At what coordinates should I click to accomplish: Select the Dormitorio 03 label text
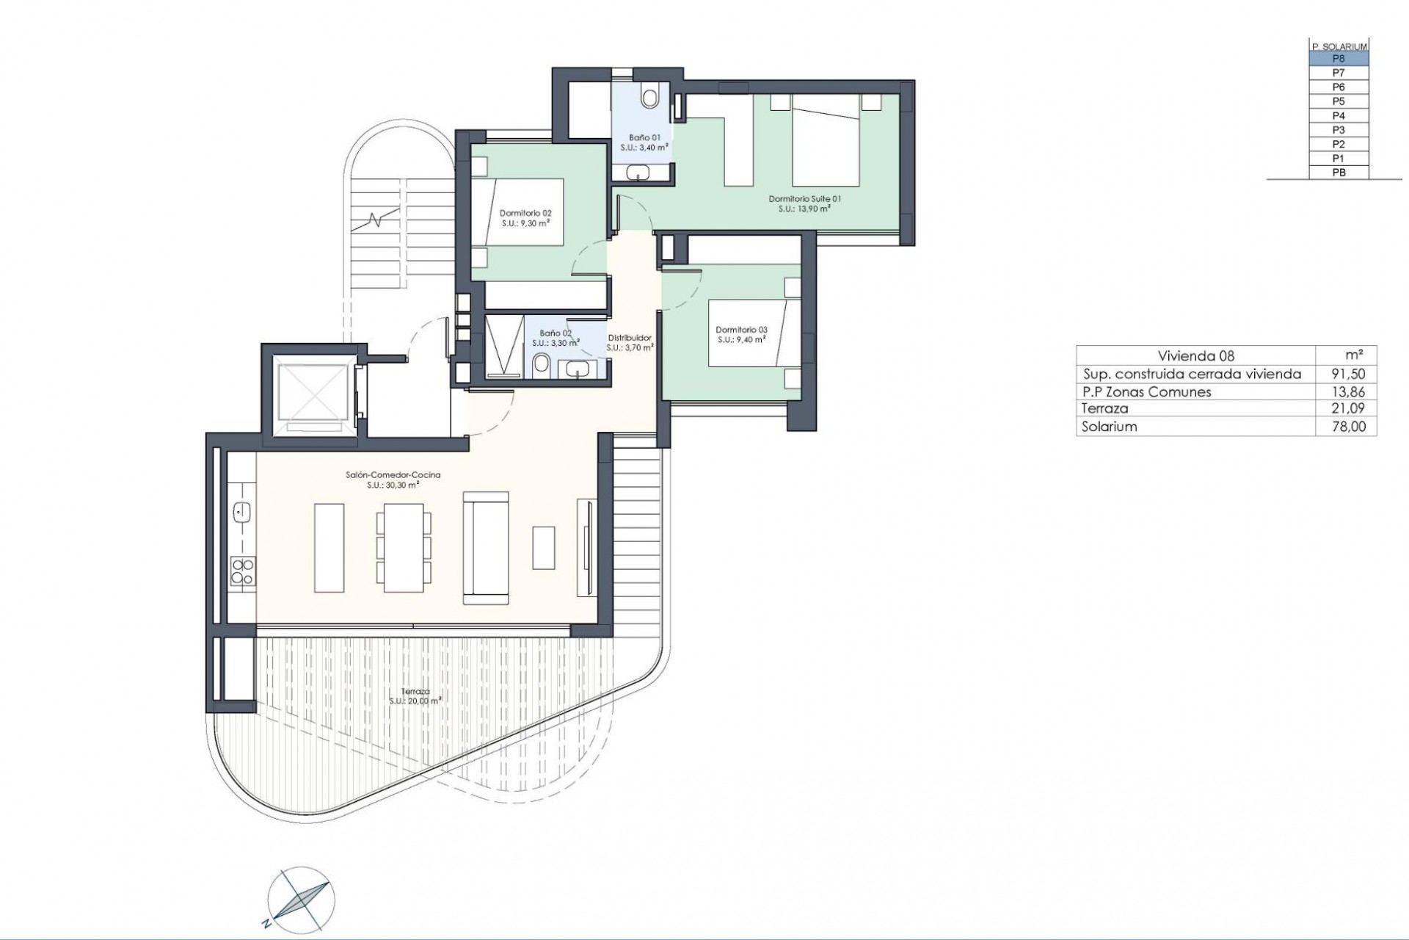pyautogui.click(x=741, y=335)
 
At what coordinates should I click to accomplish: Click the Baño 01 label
pyautogui.click(x=644, y=142)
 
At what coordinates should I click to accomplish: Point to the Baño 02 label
pyautogui.click(x=556, y=338)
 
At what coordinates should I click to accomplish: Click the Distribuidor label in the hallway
pyautogui.click(x=630, y=343)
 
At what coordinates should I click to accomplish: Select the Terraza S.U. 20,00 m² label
pyautogui.click(x=415, y=696)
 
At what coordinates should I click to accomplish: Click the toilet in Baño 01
pyautogui.click(x=649, y=97)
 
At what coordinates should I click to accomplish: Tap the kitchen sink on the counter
pyautogui.click(x=241, y=512)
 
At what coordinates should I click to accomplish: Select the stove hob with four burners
pyautogui.click(x=242, y=572)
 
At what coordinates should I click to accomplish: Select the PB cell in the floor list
pyautogui.click(x=1339, y=173)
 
